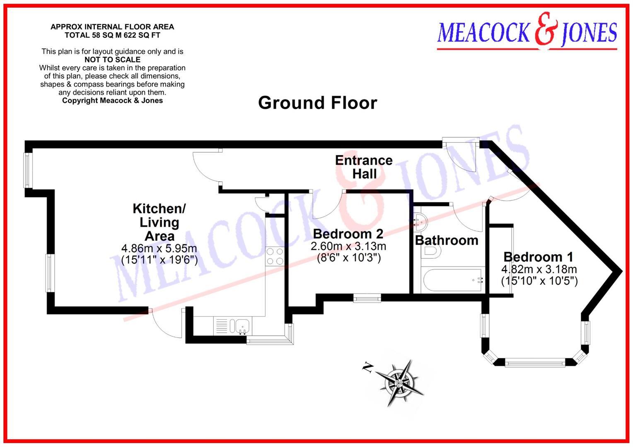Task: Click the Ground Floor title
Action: tap(317, 103)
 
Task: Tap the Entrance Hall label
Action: tap(364, 167)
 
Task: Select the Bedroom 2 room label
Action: tap(348, 234)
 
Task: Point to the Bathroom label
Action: tap(447, 240)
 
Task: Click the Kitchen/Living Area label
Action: tap(159, 222)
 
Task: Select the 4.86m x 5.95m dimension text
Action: tap(159, 249)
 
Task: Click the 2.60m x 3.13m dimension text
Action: tap(348, 247)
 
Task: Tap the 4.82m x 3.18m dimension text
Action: tap(539, 269)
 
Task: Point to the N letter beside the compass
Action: tap(366, 367)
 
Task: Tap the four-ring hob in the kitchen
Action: tap(274, 256)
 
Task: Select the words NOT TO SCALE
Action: tap(112, 60)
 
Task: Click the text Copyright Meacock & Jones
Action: tap(112, 101)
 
